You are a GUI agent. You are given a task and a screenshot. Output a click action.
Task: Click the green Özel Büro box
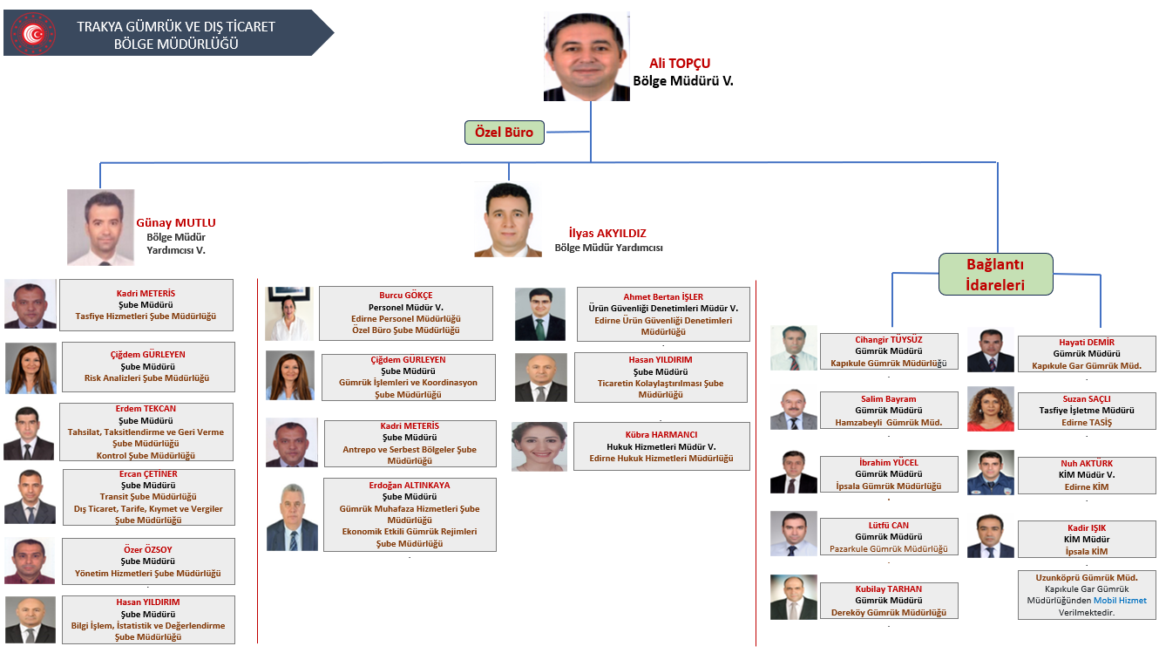click(504, 133)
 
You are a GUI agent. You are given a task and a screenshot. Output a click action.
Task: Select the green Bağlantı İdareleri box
click(995, 275)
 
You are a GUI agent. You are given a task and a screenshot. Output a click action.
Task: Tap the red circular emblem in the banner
click(33, 34)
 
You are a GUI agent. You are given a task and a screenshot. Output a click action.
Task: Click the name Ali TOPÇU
click(680, 63)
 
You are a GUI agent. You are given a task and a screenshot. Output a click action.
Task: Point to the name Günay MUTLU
click(176, 222)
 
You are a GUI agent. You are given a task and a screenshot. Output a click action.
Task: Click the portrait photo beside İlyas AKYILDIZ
click(508, 220)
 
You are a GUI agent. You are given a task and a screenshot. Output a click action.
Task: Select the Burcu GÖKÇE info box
click(406, 313)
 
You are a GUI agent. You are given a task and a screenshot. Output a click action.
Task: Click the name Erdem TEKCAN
click(146, 409)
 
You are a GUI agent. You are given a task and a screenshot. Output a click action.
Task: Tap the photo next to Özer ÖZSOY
click(30, 561)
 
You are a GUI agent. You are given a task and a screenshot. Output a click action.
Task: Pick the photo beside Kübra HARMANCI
click(539, 446)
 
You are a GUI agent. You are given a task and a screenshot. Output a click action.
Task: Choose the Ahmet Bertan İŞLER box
click(663, 315)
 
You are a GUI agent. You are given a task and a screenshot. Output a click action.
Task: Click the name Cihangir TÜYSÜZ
click(888, 340)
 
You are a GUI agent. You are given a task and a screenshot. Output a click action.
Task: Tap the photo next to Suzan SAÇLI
click(990, 409)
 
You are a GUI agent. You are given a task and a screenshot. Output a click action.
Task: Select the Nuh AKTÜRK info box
click(1087, 475)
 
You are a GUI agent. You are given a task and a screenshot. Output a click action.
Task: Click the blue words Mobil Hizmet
click(1120, 600)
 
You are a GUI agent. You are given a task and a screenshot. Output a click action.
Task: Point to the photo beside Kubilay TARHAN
click(793, 597)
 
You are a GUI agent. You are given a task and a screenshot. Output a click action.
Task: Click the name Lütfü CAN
click(888, 525)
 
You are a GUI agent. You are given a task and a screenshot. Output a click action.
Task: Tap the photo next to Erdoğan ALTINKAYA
click(292, 517)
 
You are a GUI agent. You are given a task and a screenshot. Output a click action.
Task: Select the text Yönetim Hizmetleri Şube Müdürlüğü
click(147, 574)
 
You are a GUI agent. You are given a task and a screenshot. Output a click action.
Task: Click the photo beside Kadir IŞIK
click(990, 535)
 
